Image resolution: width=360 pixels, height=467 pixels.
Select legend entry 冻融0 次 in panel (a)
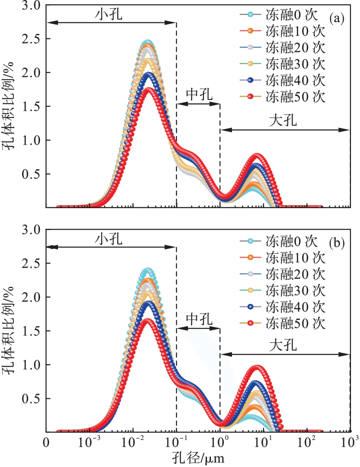292,15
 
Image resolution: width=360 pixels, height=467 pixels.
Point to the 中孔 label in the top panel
198,94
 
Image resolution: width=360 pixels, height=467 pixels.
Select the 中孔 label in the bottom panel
198,319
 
